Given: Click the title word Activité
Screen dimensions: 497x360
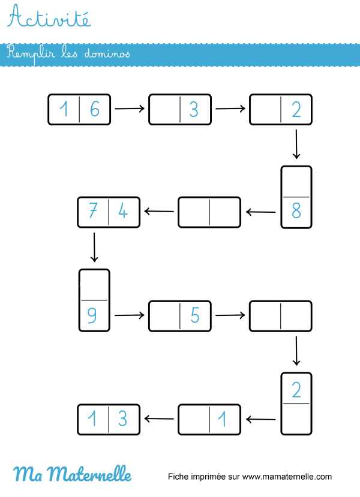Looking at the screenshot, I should click(x=50, y=18).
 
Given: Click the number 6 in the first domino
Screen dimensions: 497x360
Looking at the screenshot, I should click(x=94, y=109).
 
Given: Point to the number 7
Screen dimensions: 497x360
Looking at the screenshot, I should click(x=93, y=212).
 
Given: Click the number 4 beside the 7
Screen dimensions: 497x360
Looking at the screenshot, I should click(x=124, y=212).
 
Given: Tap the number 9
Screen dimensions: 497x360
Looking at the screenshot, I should click(x=94, y=315).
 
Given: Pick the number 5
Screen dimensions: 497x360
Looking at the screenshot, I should click(x=195, y=315).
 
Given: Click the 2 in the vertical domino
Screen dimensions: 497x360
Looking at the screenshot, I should click(x=296, y=390).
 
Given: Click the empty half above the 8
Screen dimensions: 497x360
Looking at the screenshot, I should click(x=296, y=182).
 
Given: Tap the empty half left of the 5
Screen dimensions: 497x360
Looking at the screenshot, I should click(x=164, y=315).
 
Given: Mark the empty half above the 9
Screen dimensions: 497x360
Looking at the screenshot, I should click(x=94, y=285).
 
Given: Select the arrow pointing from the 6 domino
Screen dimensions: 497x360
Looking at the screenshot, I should click(x=130, y=109).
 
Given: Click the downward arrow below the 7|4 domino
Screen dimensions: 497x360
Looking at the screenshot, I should click(x=94, y=248).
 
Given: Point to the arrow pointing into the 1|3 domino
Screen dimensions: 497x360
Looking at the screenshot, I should click(x=159, y=419).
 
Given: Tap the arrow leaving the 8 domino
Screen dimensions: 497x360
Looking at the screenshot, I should click(x=260, y=212).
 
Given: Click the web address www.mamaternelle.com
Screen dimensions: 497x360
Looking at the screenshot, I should click(x=287, y=477).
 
